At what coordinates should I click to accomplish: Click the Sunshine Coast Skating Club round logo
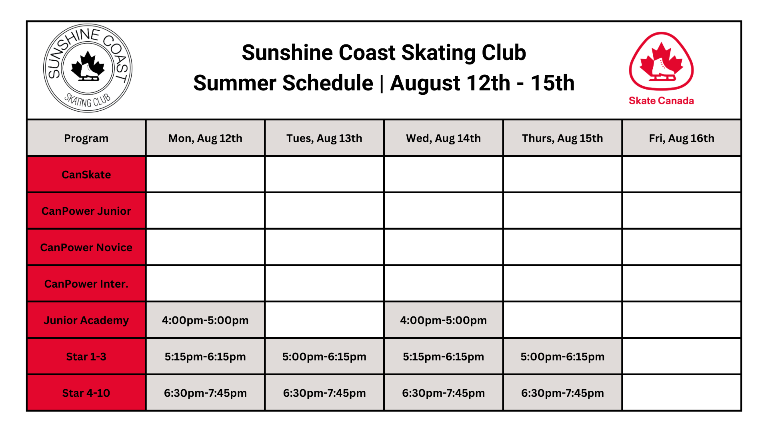(88, 68)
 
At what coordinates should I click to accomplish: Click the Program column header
(86, 138)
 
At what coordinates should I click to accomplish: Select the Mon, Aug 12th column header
(205, 138)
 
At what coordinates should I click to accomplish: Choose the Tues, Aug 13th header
(324, 138)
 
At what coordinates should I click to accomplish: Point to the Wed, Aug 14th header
(443, 138)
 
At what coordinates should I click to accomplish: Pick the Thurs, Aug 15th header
(562, 138)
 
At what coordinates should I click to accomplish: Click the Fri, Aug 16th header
(681, 138)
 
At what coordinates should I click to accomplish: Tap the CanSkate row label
(86, 175)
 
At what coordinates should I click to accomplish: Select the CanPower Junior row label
(86, 211)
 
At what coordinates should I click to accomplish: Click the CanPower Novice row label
(86, 248)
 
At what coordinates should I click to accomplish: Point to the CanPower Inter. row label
(86, 284)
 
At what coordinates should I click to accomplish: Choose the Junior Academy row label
(86, 320)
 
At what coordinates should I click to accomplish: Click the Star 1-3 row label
(86, 357)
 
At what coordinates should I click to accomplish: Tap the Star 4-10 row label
(86, 393)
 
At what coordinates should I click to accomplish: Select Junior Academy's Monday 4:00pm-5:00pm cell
(205, 320)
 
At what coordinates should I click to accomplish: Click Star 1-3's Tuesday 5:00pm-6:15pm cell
(324, 356)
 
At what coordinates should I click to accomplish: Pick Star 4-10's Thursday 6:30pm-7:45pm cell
(562, 393)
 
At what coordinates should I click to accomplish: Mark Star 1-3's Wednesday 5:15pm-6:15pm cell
(443, 356)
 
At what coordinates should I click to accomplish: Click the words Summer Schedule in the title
(283, 83)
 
